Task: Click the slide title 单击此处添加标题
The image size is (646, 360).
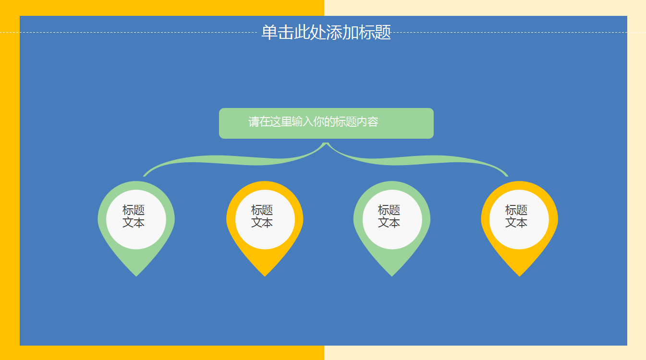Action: point(326,33)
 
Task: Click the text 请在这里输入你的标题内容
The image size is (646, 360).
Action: point(313,122)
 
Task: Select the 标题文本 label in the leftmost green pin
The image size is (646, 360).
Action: point(134,216)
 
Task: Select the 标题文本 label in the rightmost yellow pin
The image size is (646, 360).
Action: point(516,216)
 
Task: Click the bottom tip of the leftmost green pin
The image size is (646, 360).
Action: point(136,275)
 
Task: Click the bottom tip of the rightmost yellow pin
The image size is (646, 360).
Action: point(519,275)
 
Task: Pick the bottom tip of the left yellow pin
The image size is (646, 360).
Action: point(265,275)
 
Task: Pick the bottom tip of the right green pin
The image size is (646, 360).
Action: point(392,275)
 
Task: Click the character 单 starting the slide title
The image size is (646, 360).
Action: point(269,33)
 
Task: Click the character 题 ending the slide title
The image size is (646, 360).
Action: point(383,33)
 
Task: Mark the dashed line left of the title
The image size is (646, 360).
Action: point(130,33)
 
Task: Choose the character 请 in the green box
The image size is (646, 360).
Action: point(254,122)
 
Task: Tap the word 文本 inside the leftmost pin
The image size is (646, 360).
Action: point(134,223)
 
